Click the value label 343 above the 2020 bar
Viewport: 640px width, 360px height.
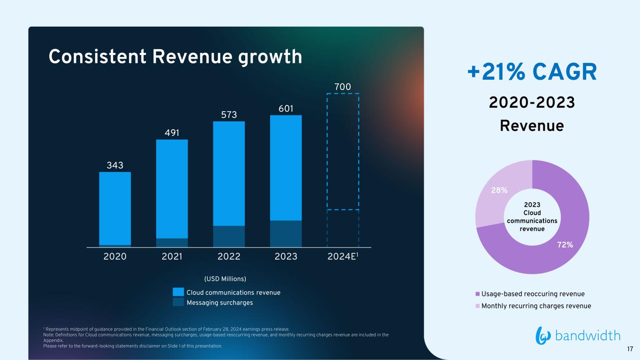tap(115, 165)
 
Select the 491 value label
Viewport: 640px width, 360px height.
tap(172, 133)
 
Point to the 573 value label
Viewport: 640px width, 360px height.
tap(229, 115)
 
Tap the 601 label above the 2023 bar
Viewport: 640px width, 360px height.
tap(286, 109)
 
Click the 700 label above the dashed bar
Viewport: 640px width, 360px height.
tap(343, 87)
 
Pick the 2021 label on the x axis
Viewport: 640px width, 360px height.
tap(172, 256)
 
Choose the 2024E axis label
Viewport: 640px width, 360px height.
tap(343, 256)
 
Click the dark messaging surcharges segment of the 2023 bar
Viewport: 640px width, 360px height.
tap(286, 234)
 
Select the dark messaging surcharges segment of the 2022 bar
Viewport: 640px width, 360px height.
tap(229, 237)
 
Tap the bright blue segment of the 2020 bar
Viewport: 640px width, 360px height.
tap(115, 209)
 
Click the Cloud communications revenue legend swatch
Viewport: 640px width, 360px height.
tap(178, 292)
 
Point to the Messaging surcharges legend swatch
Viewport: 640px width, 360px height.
tap(178, 302)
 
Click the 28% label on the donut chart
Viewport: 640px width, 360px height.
tap(499, 190)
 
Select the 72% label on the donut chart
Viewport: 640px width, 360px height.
tap(565, 245)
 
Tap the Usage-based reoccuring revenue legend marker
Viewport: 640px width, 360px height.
tap(477, 294)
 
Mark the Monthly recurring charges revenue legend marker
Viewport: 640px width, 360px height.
tap(477, 306)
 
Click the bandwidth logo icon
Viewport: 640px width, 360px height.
tap(543, 336)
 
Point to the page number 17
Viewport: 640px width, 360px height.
tap(630, 349)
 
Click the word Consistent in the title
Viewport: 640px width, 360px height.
tap(98, 56)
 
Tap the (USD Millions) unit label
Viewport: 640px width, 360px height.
tap(225, 279)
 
